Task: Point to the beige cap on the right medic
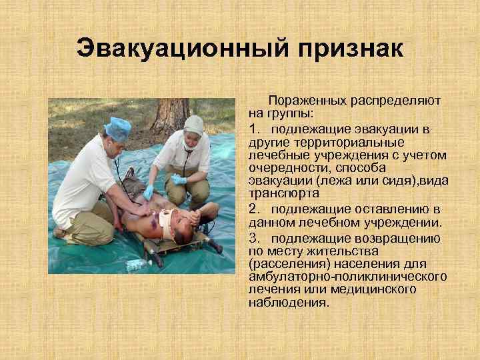[193, 125]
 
